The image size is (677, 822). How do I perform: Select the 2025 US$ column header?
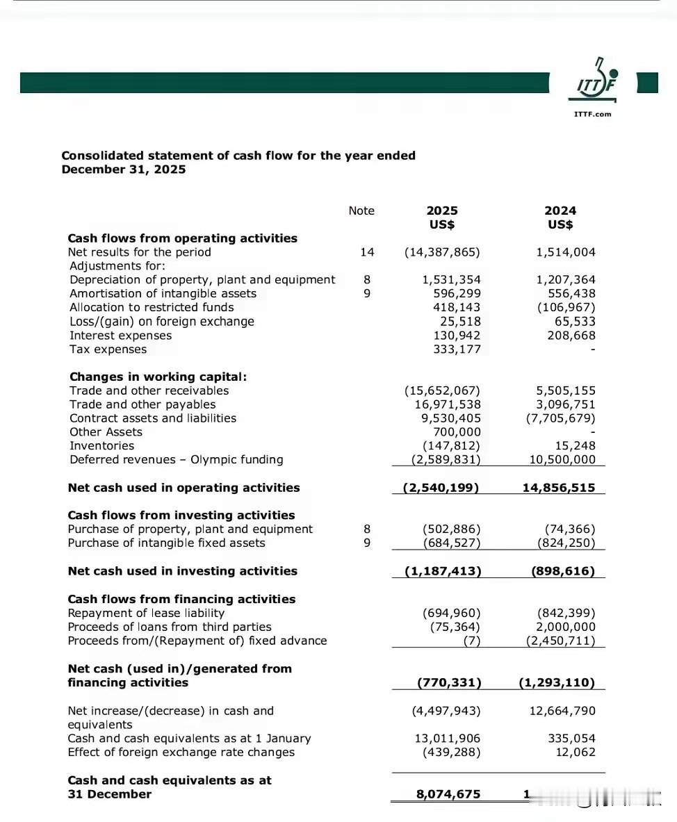pos(442,217)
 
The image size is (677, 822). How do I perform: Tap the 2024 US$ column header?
pos(560,217)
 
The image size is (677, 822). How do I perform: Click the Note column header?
pos(361,211)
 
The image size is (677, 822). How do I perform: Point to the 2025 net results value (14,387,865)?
pos(442,252)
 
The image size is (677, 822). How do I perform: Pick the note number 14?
pos(367,252)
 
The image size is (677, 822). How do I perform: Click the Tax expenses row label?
pos(108,350)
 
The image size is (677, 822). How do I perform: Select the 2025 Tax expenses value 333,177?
pos(457,350)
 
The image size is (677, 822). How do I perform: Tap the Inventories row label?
pos(101,446)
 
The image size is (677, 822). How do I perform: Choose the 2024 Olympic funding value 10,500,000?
pos(562,460)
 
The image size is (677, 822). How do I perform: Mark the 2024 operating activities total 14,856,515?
pos(559,488)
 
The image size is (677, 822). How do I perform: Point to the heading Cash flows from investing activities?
pos(181,516)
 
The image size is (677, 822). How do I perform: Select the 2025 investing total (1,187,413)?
pos(443,571)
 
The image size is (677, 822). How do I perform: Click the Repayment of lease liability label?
pos(146,613)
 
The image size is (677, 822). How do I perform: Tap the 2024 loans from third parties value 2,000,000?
pos(566,627)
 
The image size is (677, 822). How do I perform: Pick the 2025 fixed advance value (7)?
pos(472,641)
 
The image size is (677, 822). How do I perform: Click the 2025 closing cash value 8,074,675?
pos(448,794)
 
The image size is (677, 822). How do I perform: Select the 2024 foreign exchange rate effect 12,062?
pos(576,753)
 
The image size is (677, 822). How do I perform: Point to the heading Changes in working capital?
pos(158,377)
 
